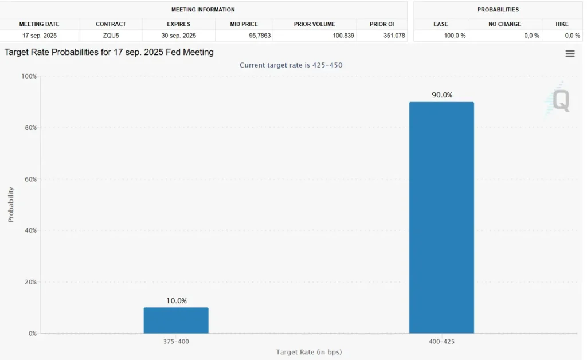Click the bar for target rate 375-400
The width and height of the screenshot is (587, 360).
[x=176, y=320]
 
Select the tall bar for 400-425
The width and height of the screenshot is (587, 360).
[x=441, y=218]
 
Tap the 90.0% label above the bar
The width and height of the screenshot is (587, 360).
[x=441, y=95]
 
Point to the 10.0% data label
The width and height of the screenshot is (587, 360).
[x=176, y=301]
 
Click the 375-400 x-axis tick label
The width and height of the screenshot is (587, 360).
[x=176, y=341]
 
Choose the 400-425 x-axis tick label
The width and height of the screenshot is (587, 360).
[x=441, y=341]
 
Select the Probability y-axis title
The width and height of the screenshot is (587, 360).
[x=11, y=205]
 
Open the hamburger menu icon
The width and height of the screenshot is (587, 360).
[x=570, y=53]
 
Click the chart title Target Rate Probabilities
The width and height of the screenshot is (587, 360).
[x=109, y=52]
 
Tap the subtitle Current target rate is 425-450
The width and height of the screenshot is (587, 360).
[x=291, y=65]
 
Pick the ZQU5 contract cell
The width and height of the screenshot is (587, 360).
[x=111, y=36]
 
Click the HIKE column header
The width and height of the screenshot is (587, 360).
[x=562, y=24]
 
